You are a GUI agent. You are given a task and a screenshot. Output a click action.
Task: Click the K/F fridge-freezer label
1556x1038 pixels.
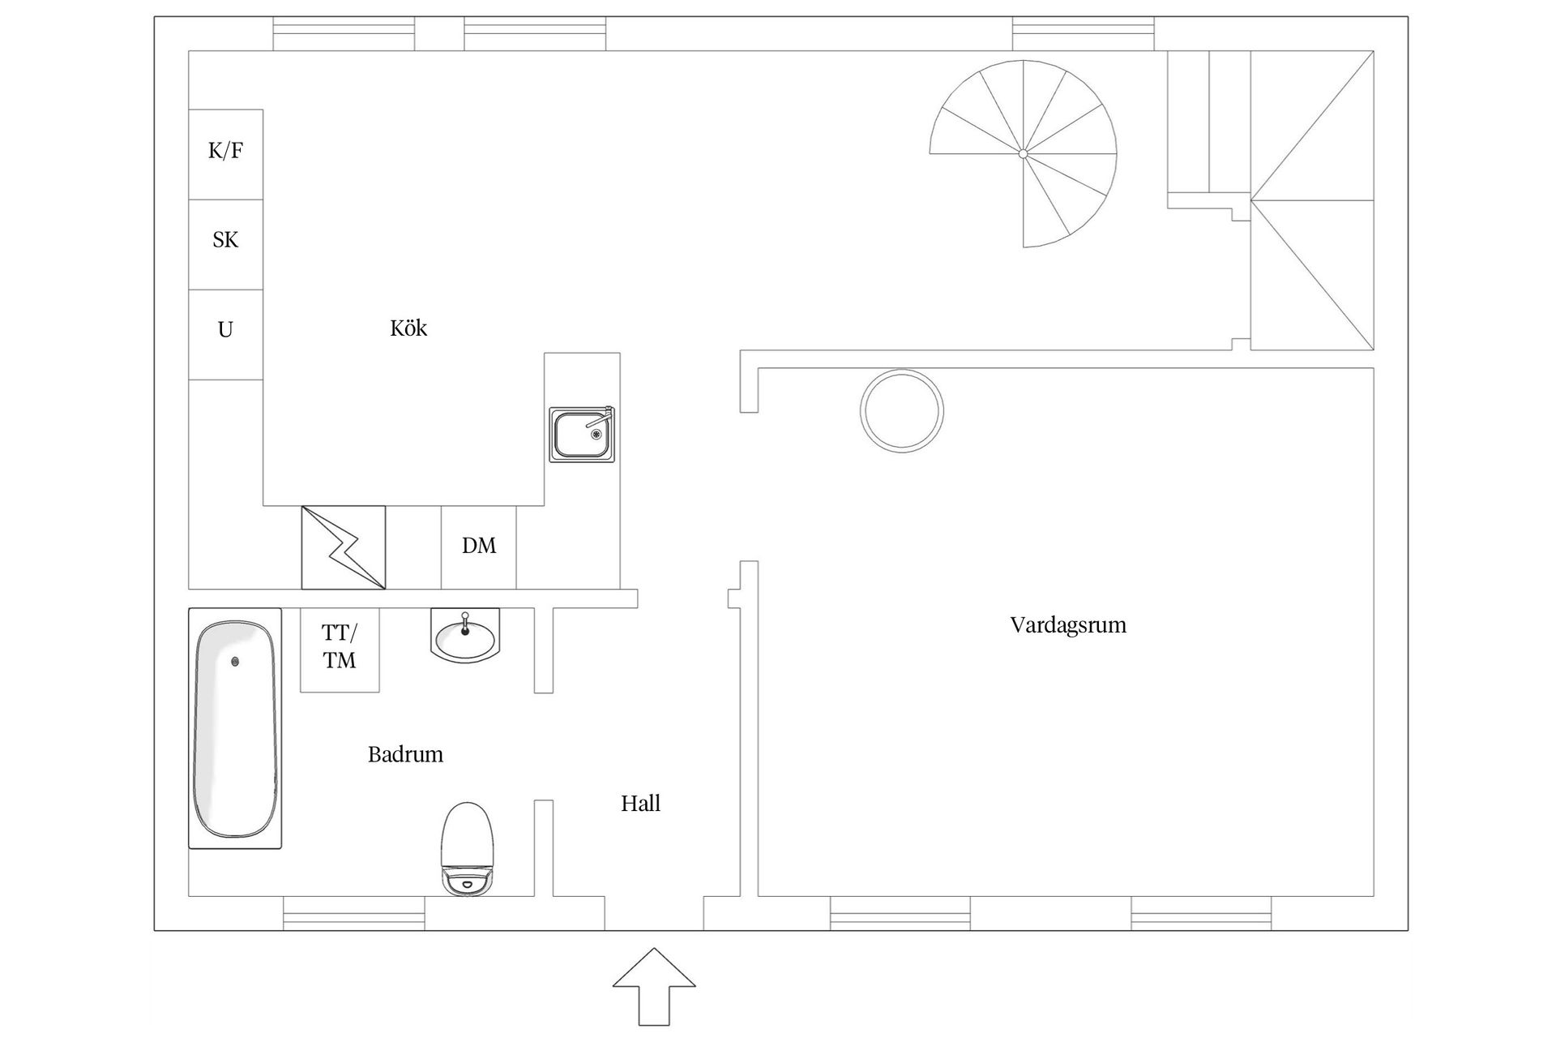pyautogui.click(x=225, y=151)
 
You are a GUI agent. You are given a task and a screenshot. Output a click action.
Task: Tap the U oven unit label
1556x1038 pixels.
pyautogui.click(x=225, y=330)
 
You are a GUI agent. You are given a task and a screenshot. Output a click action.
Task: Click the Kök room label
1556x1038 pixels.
pyautogui.click(x=408, y=328)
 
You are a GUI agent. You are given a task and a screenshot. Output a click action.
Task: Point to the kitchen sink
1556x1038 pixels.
pyautogui.click(x=582, y=435)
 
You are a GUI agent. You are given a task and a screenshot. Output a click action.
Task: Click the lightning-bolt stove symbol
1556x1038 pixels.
pyautogui.click(x=344, y=547)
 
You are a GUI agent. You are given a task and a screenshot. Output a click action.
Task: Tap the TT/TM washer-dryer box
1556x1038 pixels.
pyautogui.click(x=340, y=648)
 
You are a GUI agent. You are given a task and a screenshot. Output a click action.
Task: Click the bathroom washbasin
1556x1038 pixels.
pyautogui.click(x=465, y=636)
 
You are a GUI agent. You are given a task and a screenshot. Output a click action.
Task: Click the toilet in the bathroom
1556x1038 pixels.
pyautogui.click(x=468, y=848)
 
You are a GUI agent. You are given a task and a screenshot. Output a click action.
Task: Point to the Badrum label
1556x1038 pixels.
pyautogui.click(x=405, y=755)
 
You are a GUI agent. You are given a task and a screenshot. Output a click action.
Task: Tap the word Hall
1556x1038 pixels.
pyautogui.click(x=640, y=804)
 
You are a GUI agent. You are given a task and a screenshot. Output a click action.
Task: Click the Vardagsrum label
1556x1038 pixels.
pyautogui.click(x=1067, y=625)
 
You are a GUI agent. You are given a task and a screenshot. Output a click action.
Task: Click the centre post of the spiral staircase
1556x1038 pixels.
pyautogui.click(x=1023, y=153)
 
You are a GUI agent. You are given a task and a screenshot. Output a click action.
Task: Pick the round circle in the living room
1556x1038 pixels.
pyautogui.click(x=901, y=411)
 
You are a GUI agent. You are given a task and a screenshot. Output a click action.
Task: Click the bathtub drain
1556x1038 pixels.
pyautogui.click(x=236, y=662)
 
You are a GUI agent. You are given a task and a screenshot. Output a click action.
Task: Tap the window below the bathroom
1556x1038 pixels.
pyautogui.click(x=354, y=913)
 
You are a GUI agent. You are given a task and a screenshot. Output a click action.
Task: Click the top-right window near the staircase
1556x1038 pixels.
pyautogui.click(x=1083, y=33)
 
